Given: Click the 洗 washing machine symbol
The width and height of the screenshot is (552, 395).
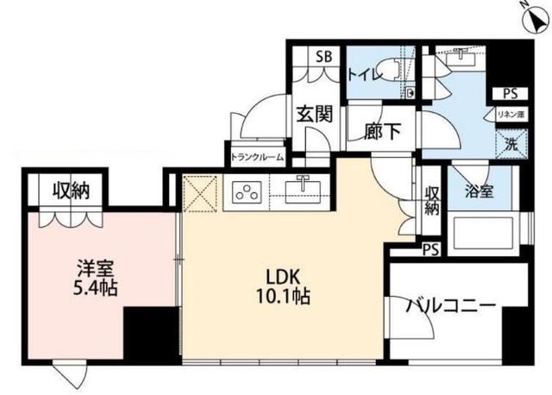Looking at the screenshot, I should coord(510,144).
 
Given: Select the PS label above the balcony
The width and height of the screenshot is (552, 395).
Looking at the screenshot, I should coord(430,250).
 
